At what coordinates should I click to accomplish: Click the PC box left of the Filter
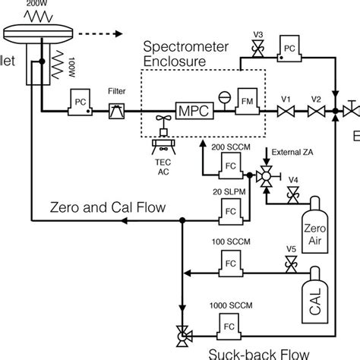tap(79, 104)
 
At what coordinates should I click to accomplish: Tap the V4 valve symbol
tap(291, 194)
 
